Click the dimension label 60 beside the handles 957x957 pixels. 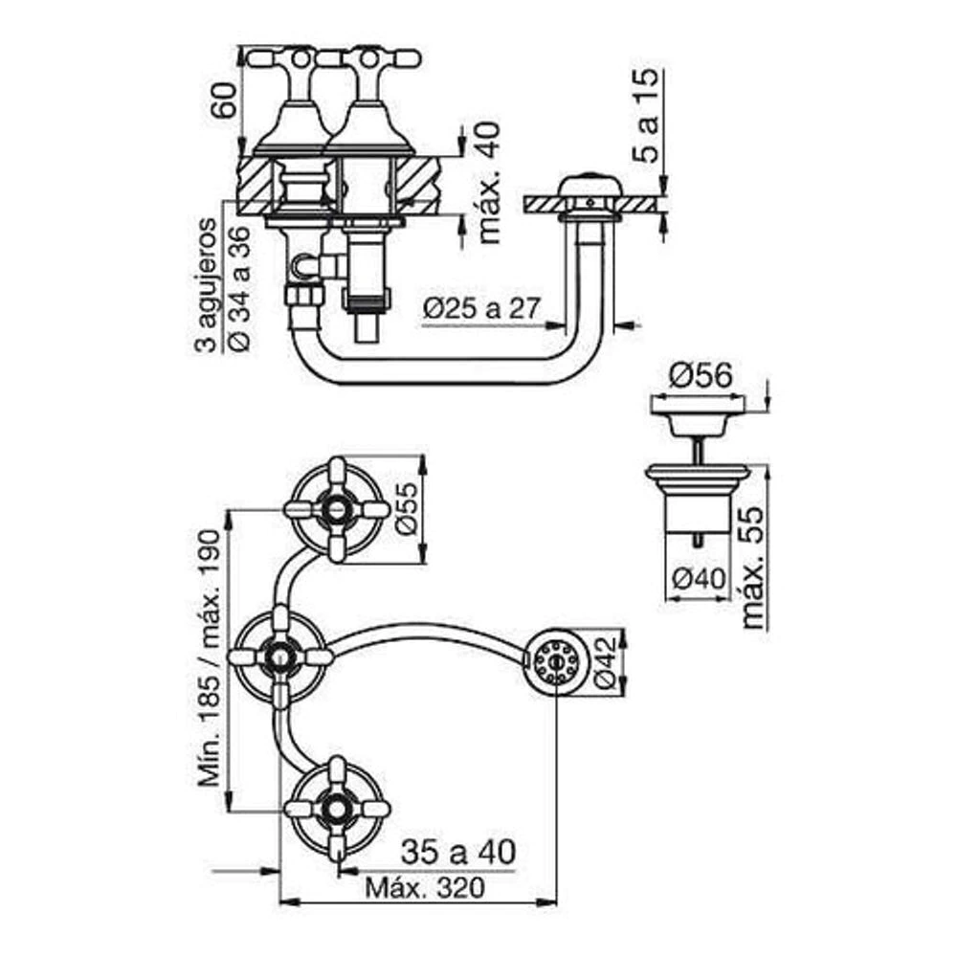[x=223, y=100]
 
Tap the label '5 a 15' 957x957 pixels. [x=646, y=116]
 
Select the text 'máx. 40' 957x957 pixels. [x=489, y=183]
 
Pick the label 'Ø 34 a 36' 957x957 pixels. [x=240, y=289]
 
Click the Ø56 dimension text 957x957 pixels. [x=701, y=375]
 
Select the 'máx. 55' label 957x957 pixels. [x=754, y=567]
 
